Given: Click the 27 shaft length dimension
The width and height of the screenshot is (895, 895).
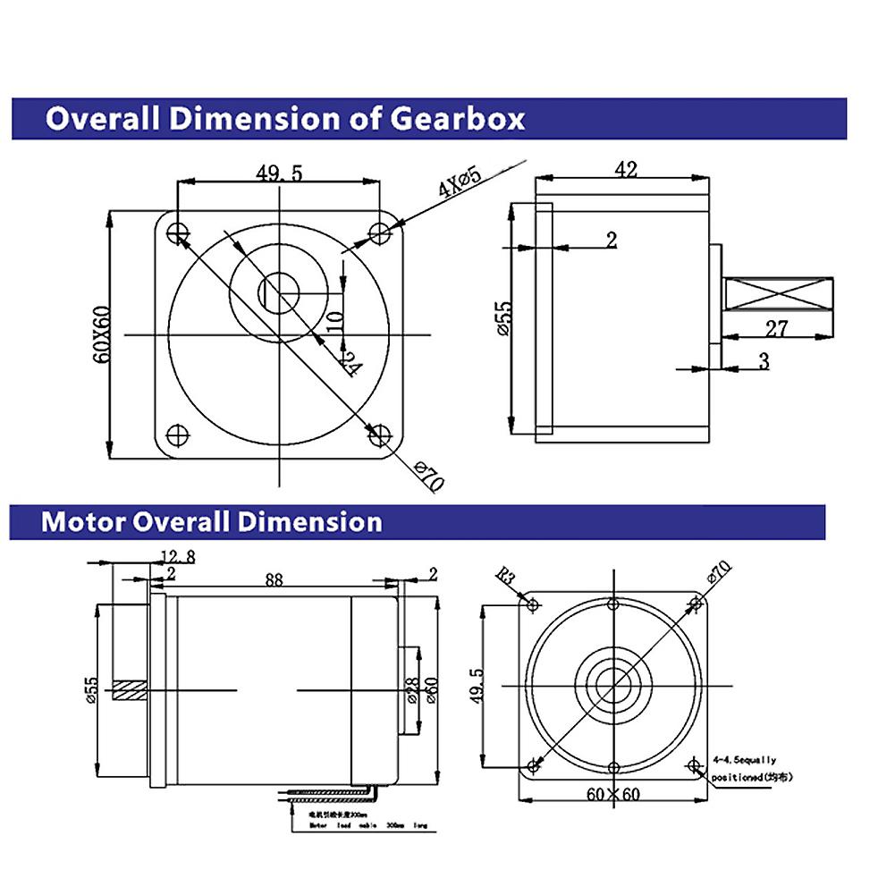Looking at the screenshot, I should [x=777, y=328].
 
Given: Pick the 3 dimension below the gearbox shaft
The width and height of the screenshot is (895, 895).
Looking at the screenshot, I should [x=764, y=360].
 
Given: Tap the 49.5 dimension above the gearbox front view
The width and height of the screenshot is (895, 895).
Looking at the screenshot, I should [x=279, y=173].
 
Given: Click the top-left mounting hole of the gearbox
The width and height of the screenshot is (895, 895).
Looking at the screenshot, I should [x=177, y=232].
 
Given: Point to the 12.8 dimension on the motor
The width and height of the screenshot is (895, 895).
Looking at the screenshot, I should [x=177, y=557].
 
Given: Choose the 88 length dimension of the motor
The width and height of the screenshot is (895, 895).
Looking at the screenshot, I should [x=274, y=579].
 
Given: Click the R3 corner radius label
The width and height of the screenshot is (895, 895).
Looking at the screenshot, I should [x=507, y=577].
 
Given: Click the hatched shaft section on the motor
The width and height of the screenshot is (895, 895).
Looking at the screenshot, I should [x=130, y=691].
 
